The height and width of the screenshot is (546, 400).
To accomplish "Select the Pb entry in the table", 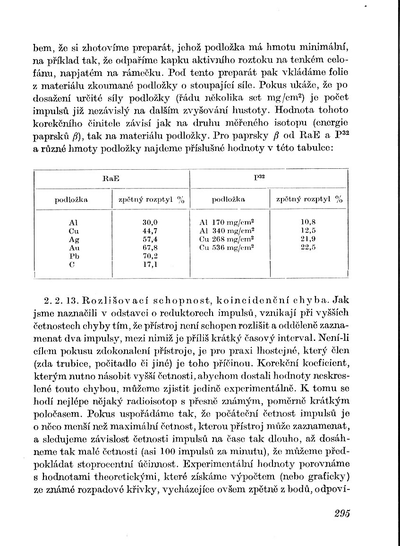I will coord(74,256).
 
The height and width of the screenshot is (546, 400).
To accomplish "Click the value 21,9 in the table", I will coord(308,239).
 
